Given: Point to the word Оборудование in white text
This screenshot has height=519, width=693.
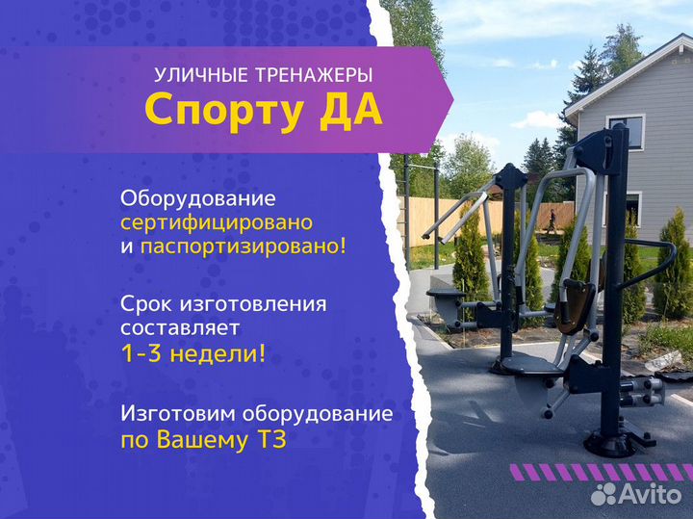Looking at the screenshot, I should point(198,199).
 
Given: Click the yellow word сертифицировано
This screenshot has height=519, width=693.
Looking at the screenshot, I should point(216,222).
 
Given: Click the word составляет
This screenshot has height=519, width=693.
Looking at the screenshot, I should point(181,328).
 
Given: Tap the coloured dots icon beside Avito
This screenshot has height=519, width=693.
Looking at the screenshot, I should point(603,494).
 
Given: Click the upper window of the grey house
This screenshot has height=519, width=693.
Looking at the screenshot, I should point(626,131).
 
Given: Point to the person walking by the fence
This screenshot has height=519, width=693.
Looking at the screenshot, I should point(552,221).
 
